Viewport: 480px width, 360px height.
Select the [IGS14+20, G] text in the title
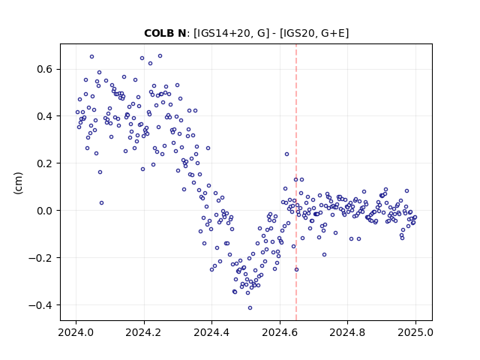coord(232,33)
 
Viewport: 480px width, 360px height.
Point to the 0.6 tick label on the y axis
coord(44,69)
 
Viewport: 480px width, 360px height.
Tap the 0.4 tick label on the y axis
coord(44,116)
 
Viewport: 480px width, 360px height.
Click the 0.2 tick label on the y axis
coord(44,163)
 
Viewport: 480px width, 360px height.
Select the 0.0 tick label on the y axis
coord(44,211)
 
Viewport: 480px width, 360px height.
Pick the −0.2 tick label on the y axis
coord(40,258)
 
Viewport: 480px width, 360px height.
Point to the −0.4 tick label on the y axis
coord(40,305)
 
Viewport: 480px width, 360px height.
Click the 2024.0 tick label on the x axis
coord(76,332)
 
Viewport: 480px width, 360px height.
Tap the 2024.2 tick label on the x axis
coord(143,332)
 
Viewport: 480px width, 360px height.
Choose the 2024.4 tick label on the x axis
coord(211,332)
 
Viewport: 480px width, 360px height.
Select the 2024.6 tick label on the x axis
coord(280,332)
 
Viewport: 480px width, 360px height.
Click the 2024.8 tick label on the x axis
coord(347,332)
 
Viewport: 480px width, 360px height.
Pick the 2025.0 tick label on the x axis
coord(415,332)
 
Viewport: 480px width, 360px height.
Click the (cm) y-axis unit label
coord(18,183)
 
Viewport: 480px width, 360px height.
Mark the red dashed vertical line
coord(296,182)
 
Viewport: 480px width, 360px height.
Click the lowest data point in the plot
coord(250,307)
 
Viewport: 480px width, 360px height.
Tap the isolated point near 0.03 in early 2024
coord(102,202)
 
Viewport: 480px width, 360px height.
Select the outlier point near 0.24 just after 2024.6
coord(286,154)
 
